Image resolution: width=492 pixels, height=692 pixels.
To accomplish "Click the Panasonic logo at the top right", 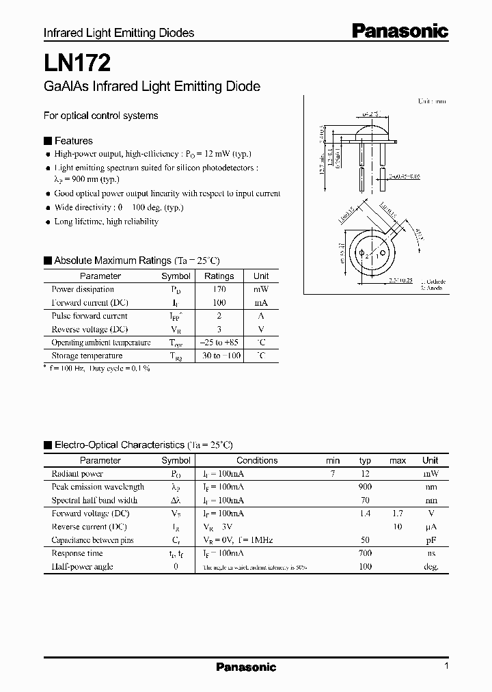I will pyautogui.click(x=400, y=31).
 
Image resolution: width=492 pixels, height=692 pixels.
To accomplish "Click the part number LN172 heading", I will pyautogui.click(x=73, y=64).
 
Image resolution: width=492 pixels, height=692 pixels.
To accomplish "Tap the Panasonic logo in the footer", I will pyautogui.click(x=246, y=667).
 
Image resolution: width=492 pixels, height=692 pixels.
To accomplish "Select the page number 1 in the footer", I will pyautogui.click(x=446, y=666).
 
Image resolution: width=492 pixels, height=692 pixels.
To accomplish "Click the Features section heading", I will pyautogui.click(x=73, y=140).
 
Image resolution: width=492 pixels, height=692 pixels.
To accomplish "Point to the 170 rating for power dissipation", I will pyautogui.click(x=219, y=289).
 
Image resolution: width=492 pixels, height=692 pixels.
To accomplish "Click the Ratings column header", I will pyautogui.click(x=219, y=276).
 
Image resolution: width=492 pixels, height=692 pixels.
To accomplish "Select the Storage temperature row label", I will pyautogui.click(x=87, y=356).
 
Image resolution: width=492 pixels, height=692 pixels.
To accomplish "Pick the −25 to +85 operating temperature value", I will pyautogui.click(x=219, y=343).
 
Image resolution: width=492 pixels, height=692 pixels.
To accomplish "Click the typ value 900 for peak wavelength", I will pyautogui.click(x=365, y=487).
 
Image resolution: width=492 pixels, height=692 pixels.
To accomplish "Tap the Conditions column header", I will pyautogui.click(x=257, y=461).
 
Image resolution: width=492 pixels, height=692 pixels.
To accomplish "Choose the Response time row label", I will pyautogui.click(x=77, y=553).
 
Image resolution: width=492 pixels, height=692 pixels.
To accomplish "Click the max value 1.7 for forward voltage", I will pyautogui.click(x=397, y=514).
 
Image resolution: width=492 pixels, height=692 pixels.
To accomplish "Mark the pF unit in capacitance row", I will pyautogui.click(x=430, y=540).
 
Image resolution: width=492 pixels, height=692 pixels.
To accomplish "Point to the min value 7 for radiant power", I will pyautogui.click(x=333, y=473).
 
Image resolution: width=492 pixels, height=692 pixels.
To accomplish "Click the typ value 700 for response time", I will pyautogui.click(x=365, y=553).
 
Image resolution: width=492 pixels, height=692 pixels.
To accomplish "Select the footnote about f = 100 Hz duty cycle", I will pyautogui.click(x=97, y=368).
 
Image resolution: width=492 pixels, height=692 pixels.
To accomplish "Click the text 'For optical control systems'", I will pyautogui.click(x=100, y=116).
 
